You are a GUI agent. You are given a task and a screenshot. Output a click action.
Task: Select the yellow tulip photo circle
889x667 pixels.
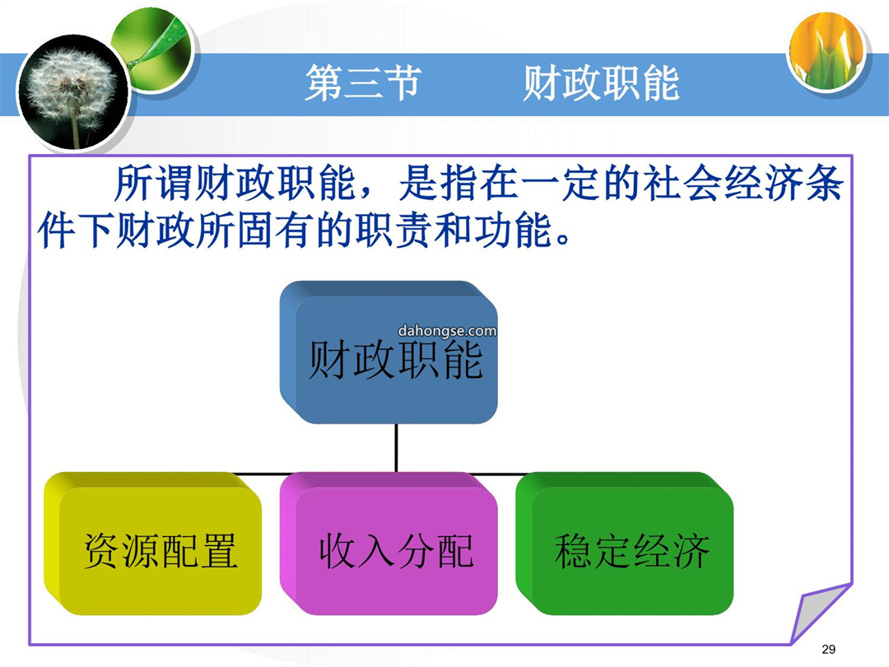point(828,50)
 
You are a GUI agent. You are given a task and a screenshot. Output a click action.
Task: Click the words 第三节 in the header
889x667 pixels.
point(364,83)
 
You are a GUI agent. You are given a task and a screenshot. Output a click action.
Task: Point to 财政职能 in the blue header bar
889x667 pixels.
point(601,83)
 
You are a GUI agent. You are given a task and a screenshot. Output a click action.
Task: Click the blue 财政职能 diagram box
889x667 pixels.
point(389,352)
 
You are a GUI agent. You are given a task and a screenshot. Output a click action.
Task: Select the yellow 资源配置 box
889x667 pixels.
point(153,543)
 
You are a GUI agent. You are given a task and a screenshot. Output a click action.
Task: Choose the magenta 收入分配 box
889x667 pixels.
point(389,543)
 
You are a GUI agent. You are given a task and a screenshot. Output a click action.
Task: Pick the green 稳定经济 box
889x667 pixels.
point(625,543)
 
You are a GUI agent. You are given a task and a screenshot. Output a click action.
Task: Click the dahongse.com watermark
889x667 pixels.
point(447,331)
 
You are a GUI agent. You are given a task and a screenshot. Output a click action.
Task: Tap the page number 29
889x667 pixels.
point(828,649)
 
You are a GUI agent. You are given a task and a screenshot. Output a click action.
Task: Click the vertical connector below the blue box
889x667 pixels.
point(396,448)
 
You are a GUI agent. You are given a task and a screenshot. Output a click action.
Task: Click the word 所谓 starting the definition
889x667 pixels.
point(154,184)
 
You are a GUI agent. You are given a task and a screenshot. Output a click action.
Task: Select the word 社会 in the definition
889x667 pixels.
point(682,184)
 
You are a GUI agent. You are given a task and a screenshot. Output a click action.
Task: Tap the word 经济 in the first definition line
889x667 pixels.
point(762,184)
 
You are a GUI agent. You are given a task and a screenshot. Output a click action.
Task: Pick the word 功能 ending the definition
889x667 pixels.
point(514,231)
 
